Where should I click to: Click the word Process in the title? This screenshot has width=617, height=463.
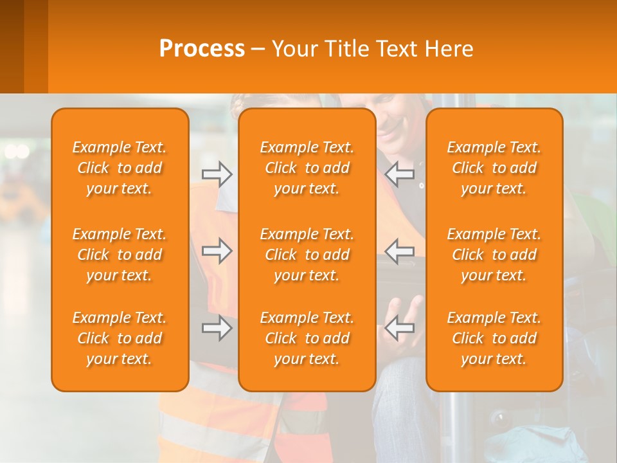coord(202,49)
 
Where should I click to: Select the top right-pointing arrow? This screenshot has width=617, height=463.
coord(217,174)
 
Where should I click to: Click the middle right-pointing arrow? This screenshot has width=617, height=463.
coord(217,250)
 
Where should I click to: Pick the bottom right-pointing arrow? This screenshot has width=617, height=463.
coord(217,328)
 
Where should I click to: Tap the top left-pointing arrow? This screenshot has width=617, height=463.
coord(400,174)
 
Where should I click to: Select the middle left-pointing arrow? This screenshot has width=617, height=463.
coord(400,250)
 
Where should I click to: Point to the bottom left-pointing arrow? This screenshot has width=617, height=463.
coord(400,328)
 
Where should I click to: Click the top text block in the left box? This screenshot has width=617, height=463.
coord(120,168)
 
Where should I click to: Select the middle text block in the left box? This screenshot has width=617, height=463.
coord(120,255)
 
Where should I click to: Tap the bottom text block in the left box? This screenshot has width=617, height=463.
coord(120,338)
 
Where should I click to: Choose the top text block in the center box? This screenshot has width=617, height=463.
coord(307,168)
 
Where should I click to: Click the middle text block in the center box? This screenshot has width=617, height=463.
coord(307,255)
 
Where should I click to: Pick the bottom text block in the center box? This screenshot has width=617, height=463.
coord(307,338)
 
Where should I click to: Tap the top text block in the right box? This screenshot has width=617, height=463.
coord(494,168)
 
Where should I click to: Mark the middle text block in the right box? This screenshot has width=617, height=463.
coord(494,255)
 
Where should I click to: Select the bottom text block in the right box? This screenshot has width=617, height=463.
coord(494,338)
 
